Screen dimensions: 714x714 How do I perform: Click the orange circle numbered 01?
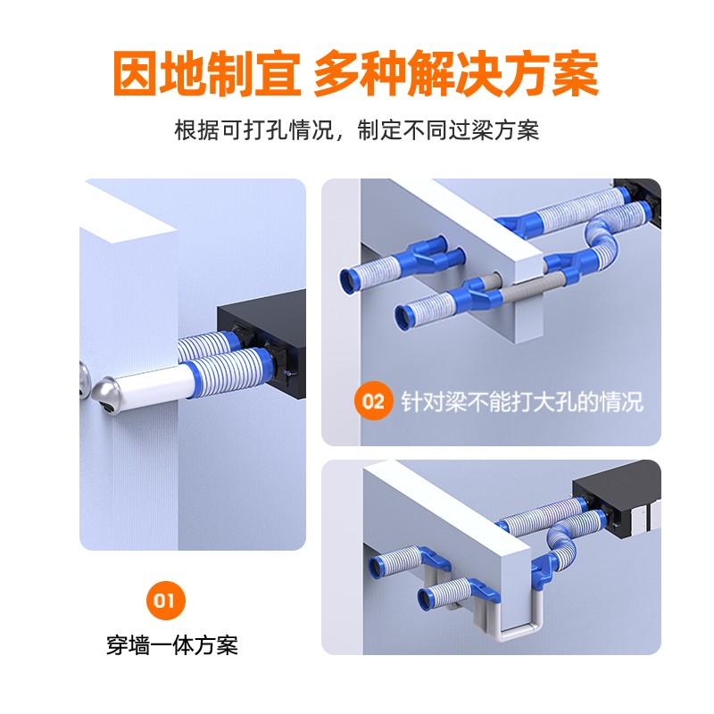[166, 600]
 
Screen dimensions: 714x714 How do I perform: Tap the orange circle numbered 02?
[373, 401]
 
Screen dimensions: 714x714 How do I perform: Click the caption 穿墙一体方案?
[172, 645]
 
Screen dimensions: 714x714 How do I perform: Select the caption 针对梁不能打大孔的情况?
[522, 401]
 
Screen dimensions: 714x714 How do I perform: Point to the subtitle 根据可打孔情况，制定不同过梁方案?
[356, 130]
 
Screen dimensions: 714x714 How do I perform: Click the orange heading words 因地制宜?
[207, 73]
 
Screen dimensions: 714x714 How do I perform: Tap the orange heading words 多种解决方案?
[456, 73]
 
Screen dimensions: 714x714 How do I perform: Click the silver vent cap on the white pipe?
[107, 394]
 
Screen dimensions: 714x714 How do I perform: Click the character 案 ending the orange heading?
[575, 73]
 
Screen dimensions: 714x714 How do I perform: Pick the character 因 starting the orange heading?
[137, 73]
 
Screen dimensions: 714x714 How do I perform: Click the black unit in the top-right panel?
[637, 200]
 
